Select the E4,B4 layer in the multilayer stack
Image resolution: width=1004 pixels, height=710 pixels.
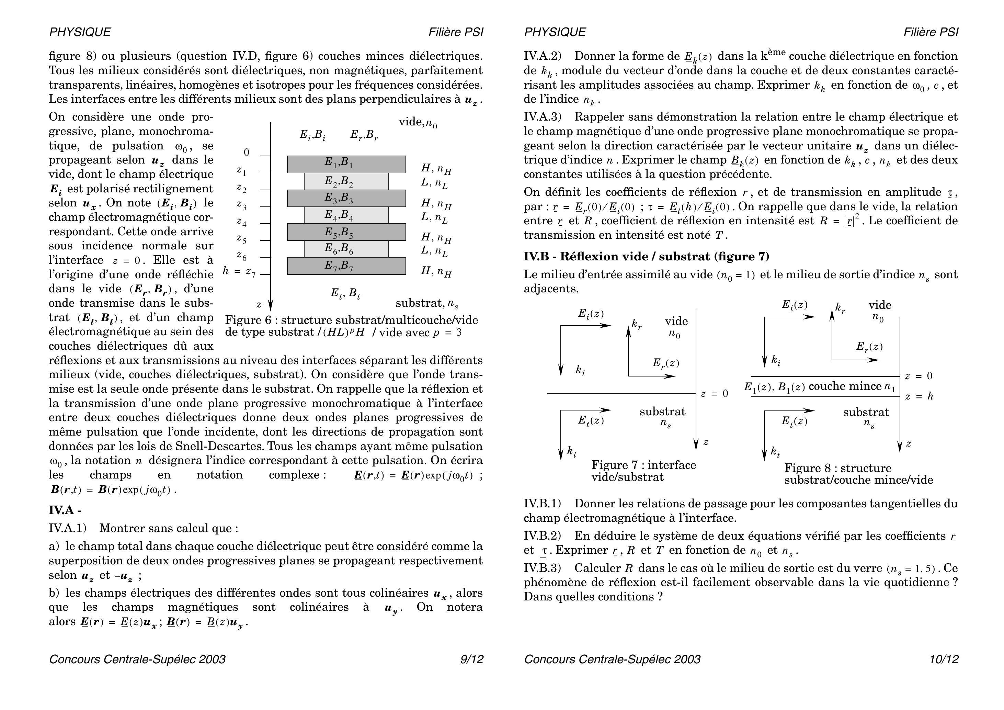click(346, 215)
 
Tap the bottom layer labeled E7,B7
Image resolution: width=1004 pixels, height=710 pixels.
click(346, 266)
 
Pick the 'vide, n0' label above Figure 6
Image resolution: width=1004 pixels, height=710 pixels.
click(418, 123)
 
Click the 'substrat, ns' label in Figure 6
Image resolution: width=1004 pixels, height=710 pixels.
click(427, 303)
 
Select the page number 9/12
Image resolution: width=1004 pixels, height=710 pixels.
click(471, 659)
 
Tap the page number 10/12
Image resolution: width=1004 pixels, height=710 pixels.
click(944, 659)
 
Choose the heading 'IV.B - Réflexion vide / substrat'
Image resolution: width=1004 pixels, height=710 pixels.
click(646, 256)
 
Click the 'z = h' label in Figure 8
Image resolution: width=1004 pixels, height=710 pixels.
click(919, 397)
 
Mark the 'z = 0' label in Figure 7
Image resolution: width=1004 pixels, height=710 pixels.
click(715, 394)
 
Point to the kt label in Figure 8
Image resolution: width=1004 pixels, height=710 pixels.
click(775, 452)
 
